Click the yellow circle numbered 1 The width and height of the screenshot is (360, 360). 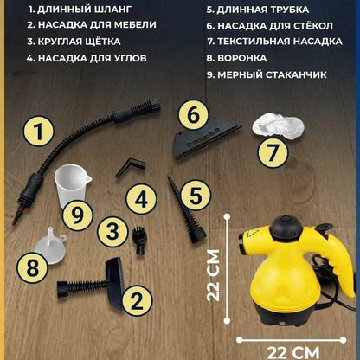[x=39, y=132]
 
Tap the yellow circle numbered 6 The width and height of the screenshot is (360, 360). [x=193, y=115]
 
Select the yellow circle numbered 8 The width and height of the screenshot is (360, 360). [x=32, y=267]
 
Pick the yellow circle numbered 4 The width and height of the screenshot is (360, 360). [x=141, y=200]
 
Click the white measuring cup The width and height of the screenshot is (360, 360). [x=72, y=185]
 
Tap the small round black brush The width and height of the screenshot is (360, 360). [x=139, y=241]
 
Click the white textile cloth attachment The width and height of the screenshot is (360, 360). [x=278, y=126]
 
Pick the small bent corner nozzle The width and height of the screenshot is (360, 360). [x=131, y=169]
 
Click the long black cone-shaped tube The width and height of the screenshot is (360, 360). [x=187, y=210]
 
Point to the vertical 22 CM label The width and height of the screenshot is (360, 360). [x=214, y=276]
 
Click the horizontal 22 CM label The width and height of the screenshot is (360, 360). [x=293, y=353]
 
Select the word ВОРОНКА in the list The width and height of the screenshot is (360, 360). [x=242, y=58]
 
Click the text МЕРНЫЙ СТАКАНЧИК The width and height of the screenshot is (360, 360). [x=272, y=74]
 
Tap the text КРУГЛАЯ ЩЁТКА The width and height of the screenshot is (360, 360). [x=79, y=42]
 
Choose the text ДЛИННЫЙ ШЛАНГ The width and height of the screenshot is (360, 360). [x=84, y=10]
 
